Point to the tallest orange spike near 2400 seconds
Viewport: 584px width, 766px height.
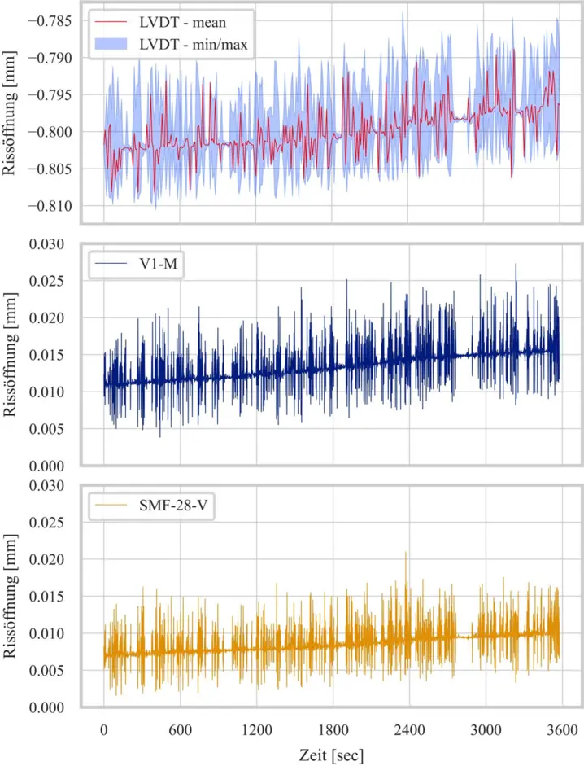click(406, 554)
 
